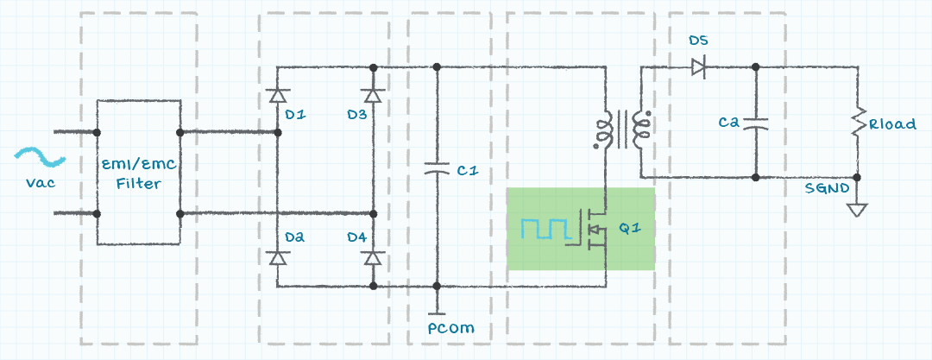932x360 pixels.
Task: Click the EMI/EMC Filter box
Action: tap(138, 173)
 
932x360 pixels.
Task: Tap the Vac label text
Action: tap(41, 182)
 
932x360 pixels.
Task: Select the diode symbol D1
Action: tap(277, 93)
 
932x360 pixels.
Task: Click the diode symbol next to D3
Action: tap(373, 93)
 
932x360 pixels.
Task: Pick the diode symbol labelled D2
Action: tap(277, 257)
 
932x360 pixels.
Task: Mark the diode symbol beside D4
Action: tap(373, 257)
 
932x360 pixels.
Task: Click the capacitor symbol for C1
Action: tap(438, 169)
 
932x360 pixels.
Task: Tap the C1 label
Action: tap(467, 171)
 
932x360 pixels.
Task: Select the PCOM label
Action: tap(450, 328)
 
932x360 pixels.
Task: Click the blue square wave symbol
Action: tap(545, 228)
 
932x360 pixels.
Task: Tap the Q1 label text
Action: tap(630, 229)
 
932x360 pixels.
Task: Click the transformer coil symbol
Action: tap(620, 129)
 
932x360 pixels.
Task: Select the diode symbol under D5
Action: tap(698, 66)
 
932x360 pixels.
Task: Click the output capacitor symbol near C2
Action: tap(756, 123)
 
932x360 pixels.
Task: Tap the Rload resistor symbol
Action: tap(858, 123)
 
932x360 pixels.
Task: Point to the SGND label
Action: tap(827, 188)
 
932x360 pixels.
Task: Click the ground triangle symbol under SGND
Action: tap(858, 210)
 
